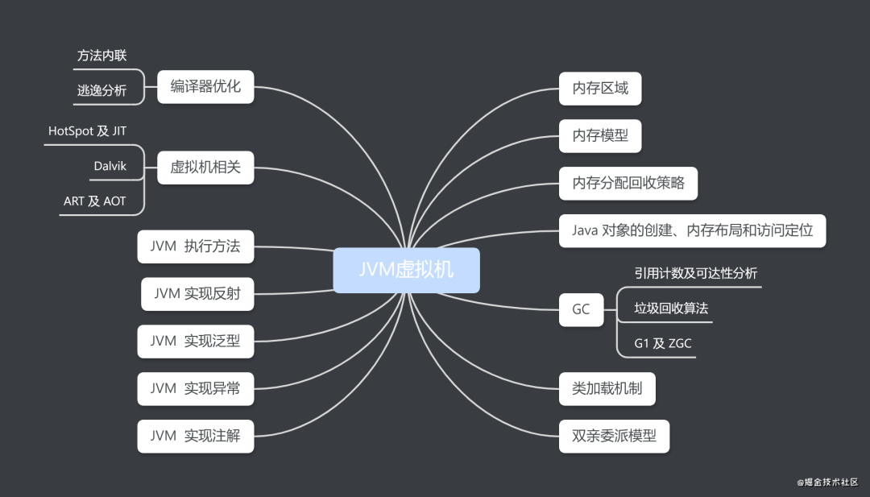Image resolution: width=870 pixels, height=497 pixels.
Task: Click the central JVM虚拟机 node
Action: [406, 270]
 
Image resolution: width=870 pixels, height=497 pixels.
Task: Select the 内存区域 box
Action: [600, 89]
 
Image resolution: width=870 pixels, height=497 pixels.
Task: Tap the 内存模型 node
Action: [600, 136]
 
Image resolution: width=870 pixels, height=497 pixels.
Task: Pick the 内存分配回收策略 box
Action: [628, 183]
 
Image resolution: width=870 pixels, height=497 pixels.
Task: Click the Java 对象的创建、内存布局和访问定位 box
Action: [692, 230]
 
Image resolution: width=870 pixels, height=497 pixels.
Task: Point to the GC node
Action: [581, 309]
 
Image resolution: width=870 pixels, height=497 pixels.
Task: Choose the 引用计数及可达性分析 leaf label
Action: [695, 273]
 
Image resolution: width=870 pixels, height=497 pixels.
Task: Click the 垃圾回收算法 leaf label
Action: [671, 308]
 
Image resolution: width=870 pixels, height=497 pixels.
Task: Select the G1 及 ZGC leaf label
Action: [662, 343]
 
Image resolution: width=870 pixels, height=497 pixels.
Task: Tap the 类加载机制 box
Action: [607, 389]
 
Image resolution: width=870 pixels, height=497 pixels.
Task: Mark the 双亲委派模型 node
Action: [614, 436]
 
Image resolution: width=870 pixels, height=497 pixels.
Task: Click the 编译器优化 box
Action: [205, 86]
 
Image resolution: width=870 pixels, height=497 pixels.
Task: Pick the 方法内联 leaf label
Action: [101, 56]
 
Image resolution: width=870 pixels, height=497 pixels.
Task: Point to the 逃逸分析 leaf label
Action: [101, 90]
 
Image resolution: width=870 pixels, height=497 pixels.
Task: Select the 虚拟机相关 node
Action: [205, 168]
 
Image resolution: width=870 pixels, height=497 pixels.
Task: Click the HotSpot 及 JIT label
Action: [87, 130]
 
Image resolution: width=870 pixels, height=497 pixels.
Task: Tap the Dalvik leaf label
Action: [110, 167]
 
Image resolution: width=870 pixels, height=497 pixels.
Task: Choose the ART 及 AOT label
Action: [94, 201]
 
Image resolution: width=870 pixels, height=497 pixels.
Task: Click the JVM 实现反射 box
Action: [197, 294]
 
